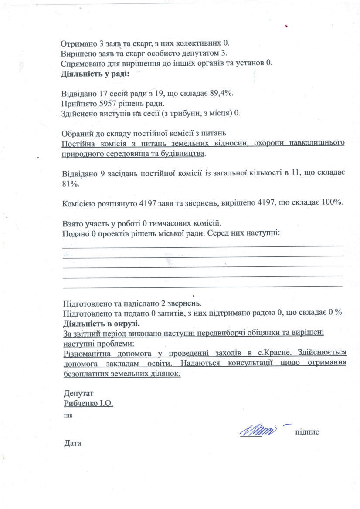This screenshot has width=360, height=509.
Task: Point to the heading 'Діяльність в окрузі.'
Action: point(101,324)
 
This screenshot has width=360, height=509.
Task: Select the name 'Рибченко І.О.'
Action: point(88,403)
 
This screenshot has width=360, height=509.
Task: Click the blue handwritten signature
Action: point(258,431)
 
